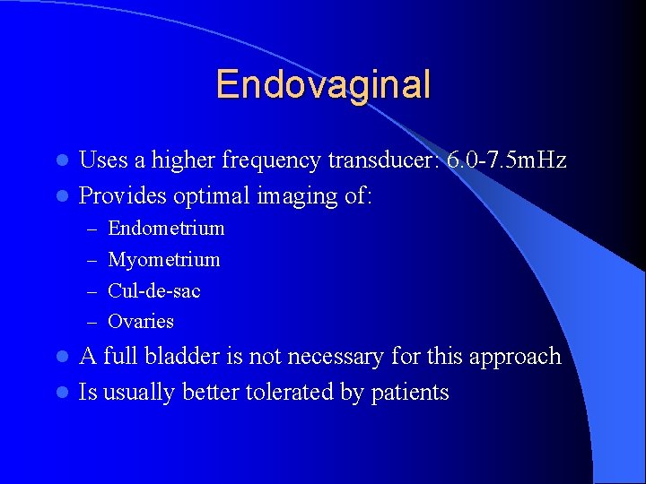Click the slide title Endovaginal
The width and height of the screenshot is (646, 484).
[323, 85]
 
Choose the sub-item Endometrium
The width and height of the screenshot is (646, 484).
[166, 228]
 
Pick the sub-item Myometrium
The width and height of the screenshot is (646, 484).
[163, 260]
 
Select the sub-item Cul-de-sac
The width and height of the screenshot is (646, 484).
[153, 290]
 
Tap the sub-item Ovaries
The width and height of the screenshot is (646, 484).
[141, 321]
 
